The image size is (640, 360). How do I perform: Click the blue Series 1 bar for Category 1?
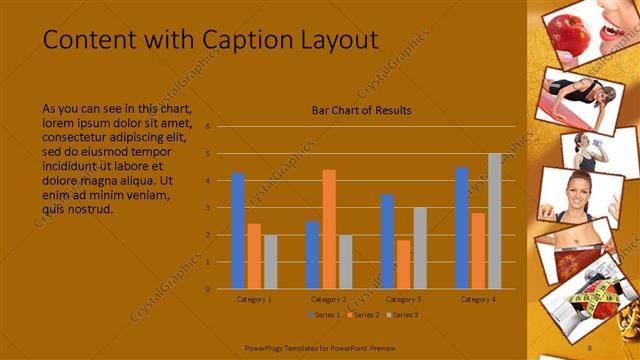[238, 231]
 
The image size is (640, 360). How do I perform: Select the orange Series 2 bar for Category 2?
[329, 229]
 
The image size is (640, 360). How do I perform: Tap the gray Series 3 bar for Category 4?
[494, 221]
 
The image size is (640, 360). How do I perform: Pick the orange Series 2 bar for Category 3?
[403, 264]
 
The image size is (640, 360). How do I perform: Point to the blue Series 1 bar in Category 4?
[461, 228]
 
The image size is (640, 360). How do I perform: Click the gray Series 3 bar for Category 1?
[270, 262]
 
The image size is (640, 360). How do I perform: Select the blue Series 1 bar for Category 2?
[312, 255]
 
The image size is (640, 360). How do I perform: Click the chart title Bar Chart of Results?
[362, 110]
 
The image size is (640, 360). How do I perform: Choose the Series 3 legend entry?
[402, 315]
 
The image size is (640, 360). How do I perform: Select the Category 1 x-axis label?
[254, 299]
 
